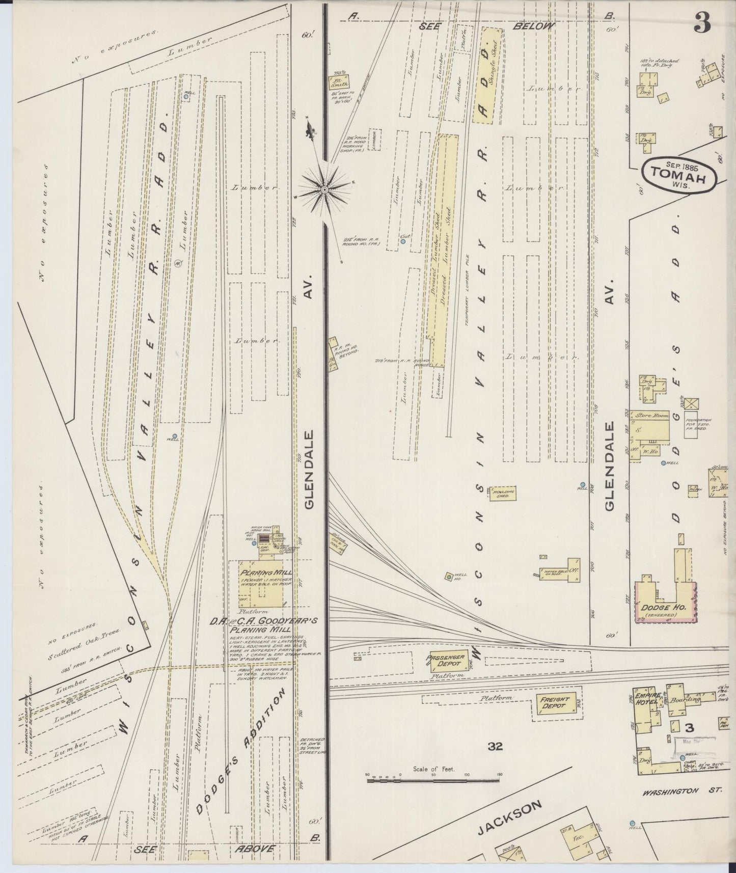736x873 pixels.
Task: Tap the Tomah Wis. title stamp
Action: pyautogui.click(x=679, y=175)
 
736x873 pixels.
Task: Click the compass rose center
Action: pyautogui.click(x=324, y=189)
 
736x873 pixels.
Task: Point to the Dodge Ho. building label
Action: pyautogui.click(x=658, y=608)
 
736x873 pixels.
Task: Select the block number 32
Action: pyautogui.click(x=495, y=747)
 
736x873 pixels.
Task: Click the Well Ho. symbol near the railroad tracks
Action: pyautogui.click(x=449, y=577)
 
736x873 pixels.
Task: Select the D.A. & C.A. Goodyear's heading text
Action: pyautogui.click(x=265, y=621)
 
